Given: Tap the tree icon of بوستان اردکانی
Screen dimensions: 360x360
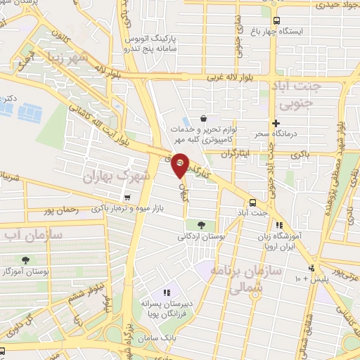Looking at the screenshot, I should [x=202, y=225].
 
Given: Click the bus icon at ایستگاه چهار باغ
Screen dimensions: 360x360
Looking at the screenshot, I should [x=276, y=20].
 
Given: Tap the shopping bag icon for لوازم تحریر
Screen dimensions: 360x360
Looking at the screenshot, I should [x=203, y=118].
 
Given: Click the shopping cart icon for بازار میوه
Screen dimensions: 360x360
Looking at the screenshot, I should [x=127, y=198].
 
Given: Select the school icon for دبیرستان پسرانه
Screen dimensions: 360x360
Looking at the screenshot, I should [x=167, y=292].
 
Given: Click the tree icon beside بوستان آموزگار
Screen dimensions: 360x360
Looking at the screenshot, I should [x=26, y=259].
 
